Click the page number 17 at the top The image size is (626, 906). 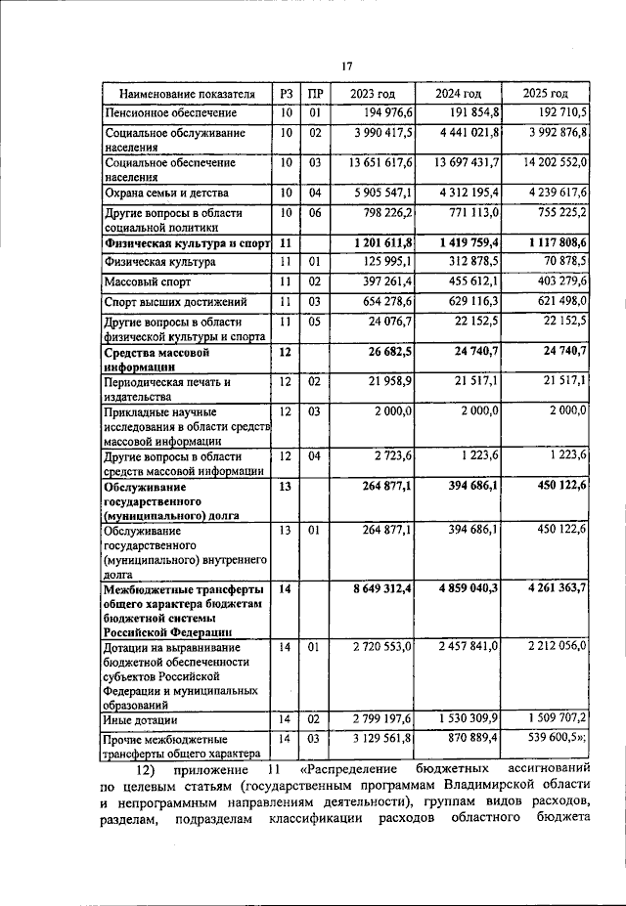346,65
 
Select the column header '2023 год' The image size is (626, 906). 373,94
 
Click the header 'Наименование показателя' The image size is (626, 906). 186,94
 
